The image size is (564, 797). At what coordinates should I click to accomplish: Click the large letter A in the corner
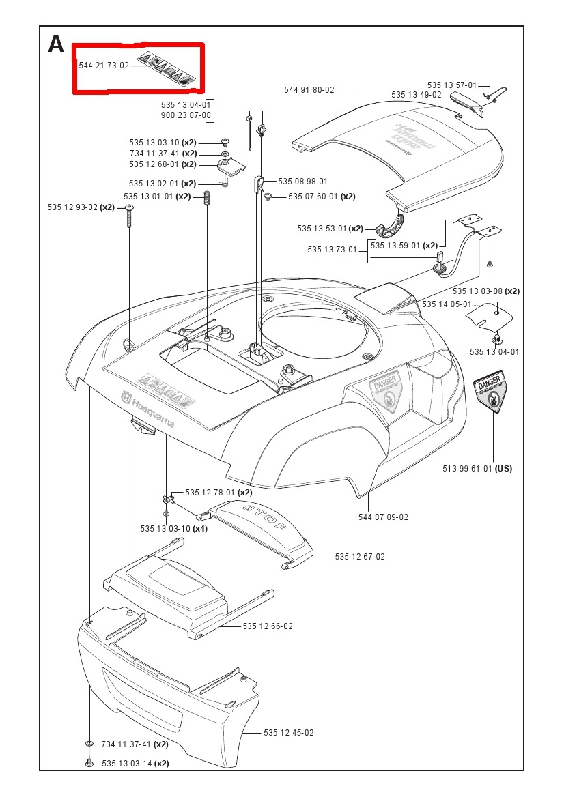[56, 44]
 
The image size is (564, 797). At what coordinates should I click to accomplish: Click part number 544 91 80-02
[309, 89]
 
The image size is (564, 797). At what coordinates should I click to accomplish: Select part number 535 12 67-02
[360, 557]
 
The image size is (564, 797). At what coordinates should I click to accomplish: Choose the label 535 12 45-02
[289, 732]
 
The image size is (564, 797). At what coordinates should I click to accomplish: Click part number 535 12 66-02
[268, 626]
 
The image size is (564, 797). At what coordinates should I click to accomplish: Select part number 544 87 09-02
[383, 517]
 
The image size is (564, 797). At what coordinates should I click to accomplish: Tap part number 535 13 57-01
[452, 85]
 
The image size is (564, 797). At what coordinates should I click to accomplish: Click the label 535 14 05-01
[447, 304]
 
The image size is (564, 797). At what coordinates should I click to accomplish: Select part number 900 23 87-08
[186, 116]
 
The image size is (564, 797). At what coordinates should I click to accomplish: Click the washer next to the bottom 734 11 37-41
[89, 743]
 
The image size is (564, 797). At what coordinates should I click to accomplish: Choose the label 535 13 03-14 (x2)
[135, 763]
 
